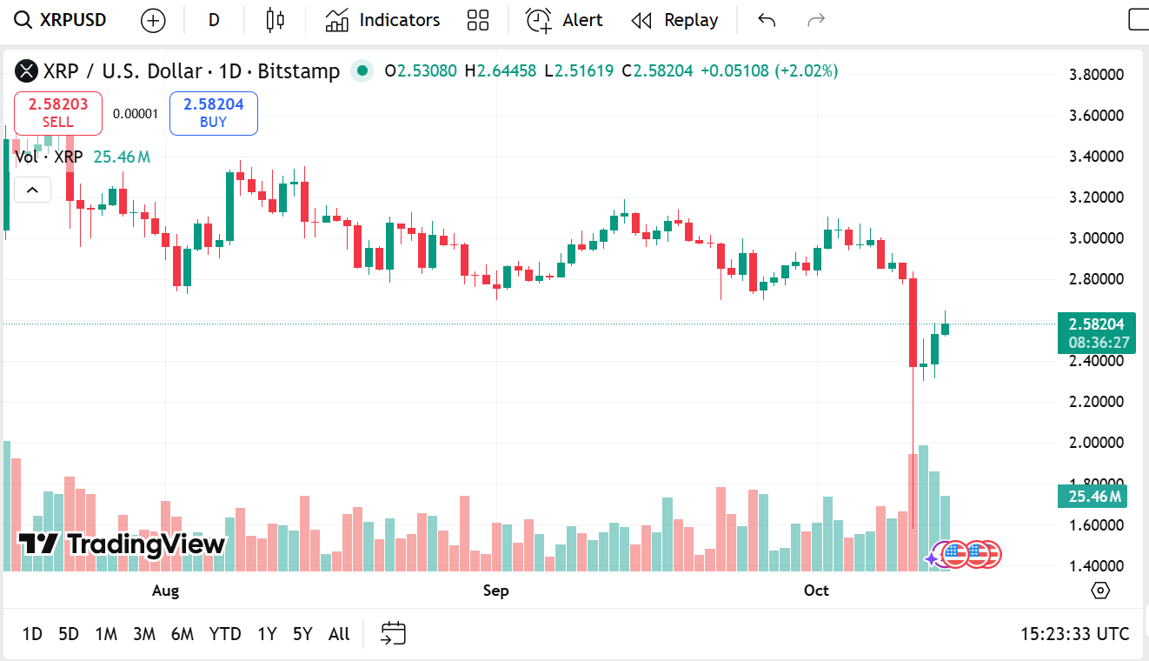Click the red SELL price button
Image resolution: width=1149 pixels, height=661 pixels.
pos(58,113)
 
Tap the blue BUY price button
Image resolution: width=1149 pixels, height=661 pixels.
pos(213,113)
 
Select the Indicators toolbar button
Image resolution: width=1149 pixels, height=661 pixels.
pos(383,20)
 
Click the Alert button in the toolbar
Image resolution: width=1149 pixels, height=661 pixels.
pos(565,20)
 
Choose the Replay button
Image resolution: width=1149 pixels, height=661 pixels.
pos(675,20)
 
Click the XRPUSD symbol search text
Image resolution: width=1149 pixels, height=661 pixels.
pos(73,20)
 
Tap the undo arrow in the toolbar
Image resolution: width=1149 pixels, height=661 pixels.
pos(766,20)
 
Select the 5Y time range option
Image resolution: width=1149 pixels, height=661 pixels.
pos(302,634)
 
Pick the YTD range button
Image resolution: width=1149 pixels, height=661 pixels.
pos(225,634)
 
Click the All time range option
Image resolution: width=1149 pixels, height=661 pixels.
pos(339,634)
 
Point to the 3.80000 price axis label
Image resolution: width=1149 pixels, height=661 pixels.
pos(1096,75)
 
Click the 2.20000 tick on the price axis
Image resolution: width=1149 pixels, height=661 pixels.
pos(1096,402)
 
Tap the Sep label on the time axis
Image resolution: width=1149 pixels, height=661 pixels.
pos(495,591)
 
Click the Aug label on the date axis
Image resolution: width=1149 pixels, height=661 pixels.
pos(165,591)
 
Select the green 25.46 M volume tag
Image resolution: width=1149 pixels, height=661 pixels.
pos(1092,497)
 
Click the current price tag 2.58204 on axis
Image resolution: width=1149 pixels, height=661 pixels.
pos(1096,324)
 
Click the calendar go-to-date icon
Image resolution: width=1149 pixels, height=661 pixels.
pos(394,633)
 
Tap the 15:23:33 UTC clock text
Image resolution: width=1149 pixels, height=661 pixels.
pos(1074,634)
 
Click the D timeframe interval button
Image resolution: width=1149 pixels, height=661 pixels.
pos(214,20)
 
